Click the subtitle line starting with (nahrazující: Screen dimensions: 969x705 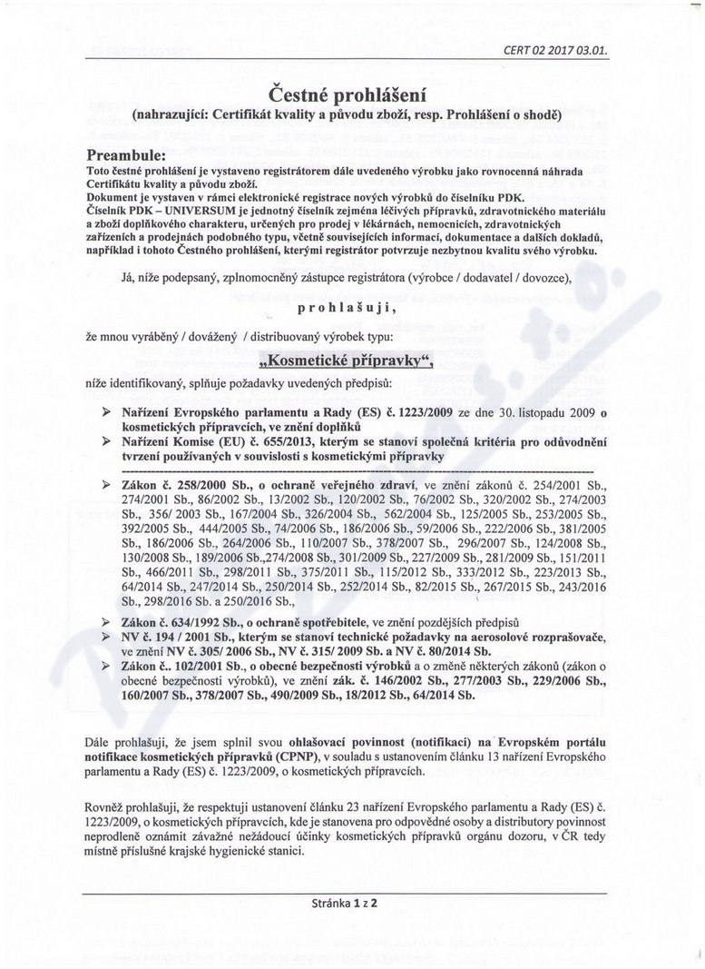coord(348,115)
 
